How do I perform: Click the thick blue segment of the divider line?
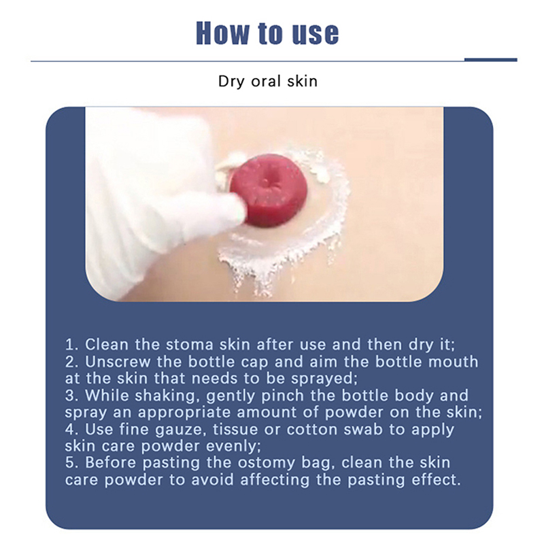coord(490,60)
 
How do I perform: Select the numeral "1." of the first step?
coord(72,345)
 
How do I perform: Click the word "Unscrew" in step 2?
coord(118,362)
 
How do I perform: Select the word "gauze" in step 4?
coord(179,430)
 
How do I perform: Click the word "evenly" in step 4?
coord(233,447)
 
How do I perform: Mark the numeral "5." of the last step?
coord(73,463)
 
